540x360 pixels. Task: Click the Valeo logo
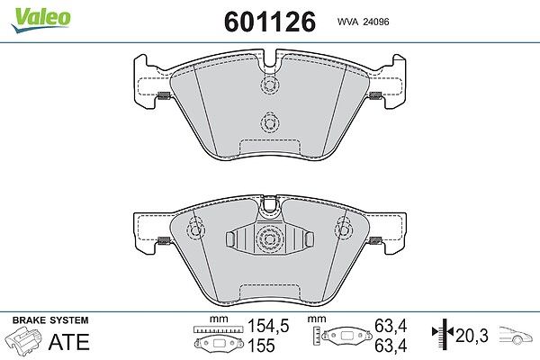pos(41,20)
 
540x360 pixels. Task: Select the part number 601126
pos(270,22)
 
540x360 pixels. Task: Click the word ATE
pos(69,341)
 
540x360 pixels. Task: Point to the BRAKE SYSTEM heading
pos(50,320)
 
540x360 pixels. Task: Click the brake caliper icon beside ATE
pos(24,339)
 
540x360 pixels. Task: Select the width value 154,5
pos(268,326)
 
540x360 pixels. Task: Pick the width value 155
pos(261,346)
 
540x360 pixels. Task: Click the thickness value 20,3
pos(472,335)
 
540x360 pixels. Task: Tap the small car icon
pos(516,335)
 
